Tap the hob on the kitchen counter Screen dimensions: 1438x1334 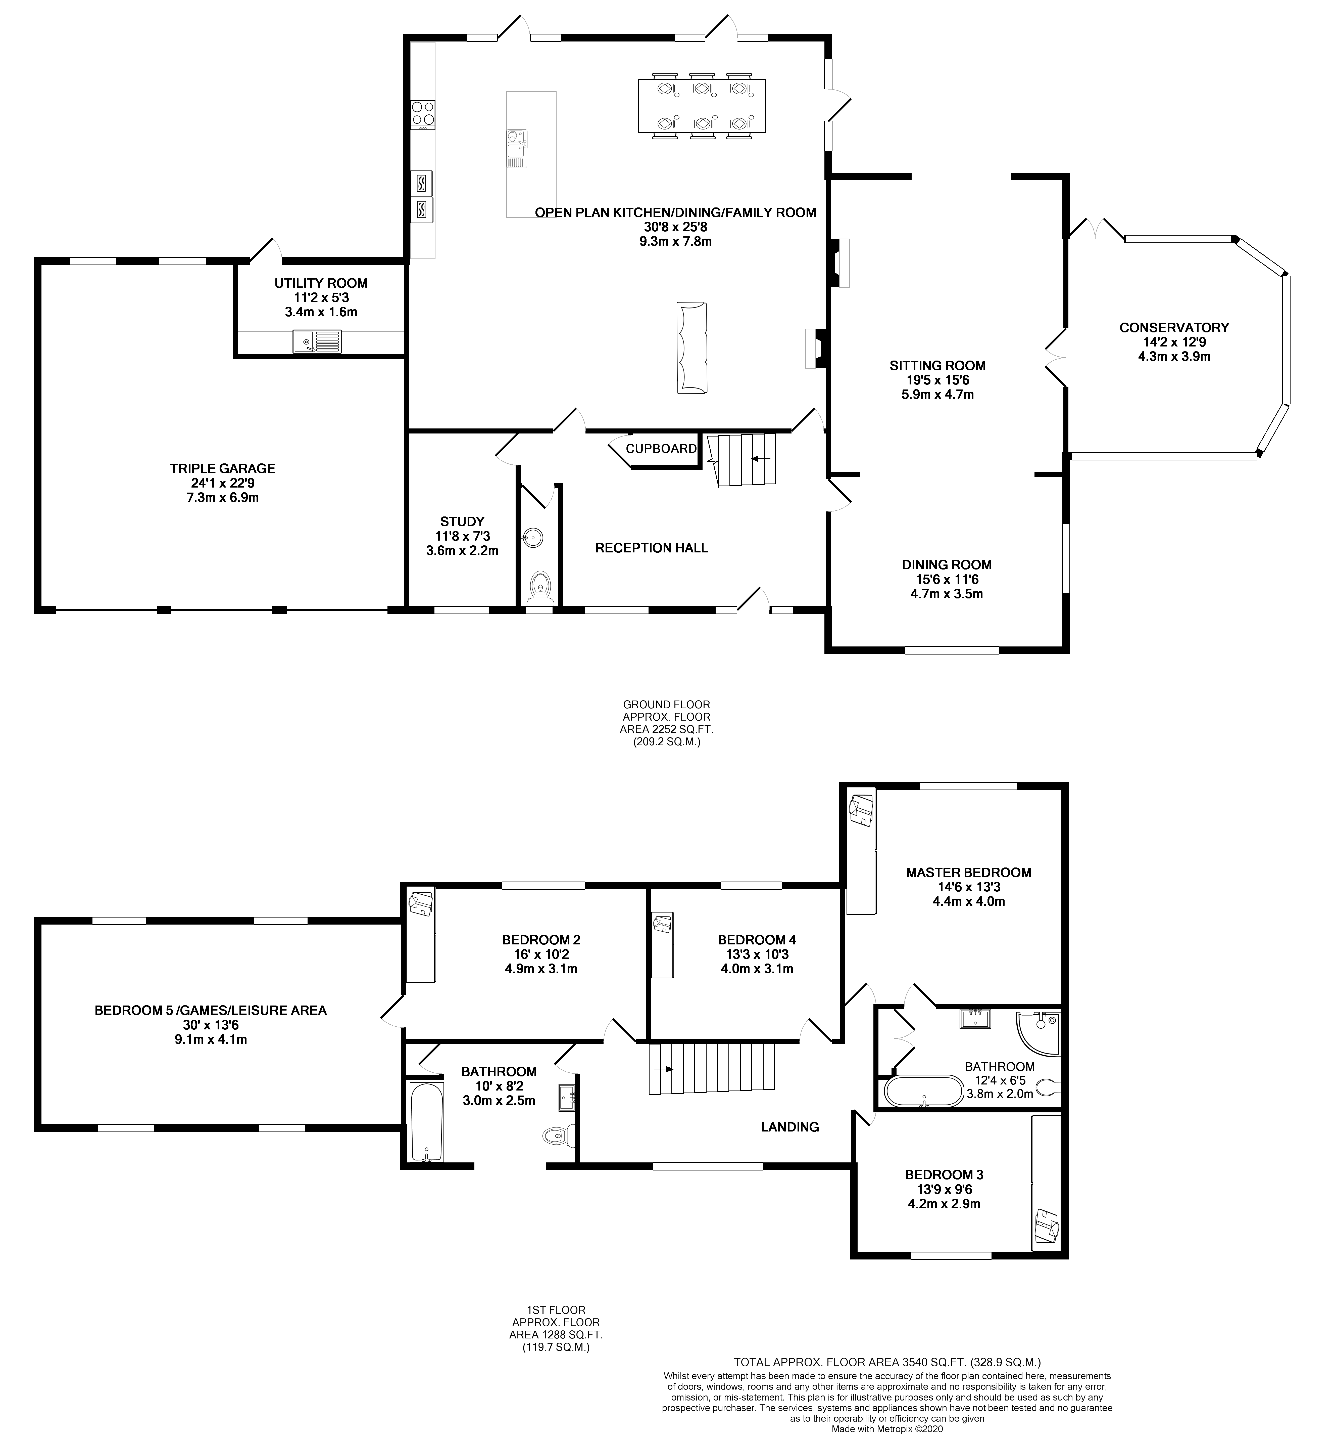click(x=423, y=114)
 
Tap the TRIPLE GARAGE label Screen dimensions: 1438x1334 click(x=222, y=468)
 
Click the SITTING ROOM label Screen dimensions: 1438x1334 click(x=937, y=365)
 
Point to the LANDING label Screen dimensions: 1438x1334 click(x=790, y=1127)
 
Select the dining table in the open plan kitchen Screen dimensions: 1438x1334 click(x=701, y=106)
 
